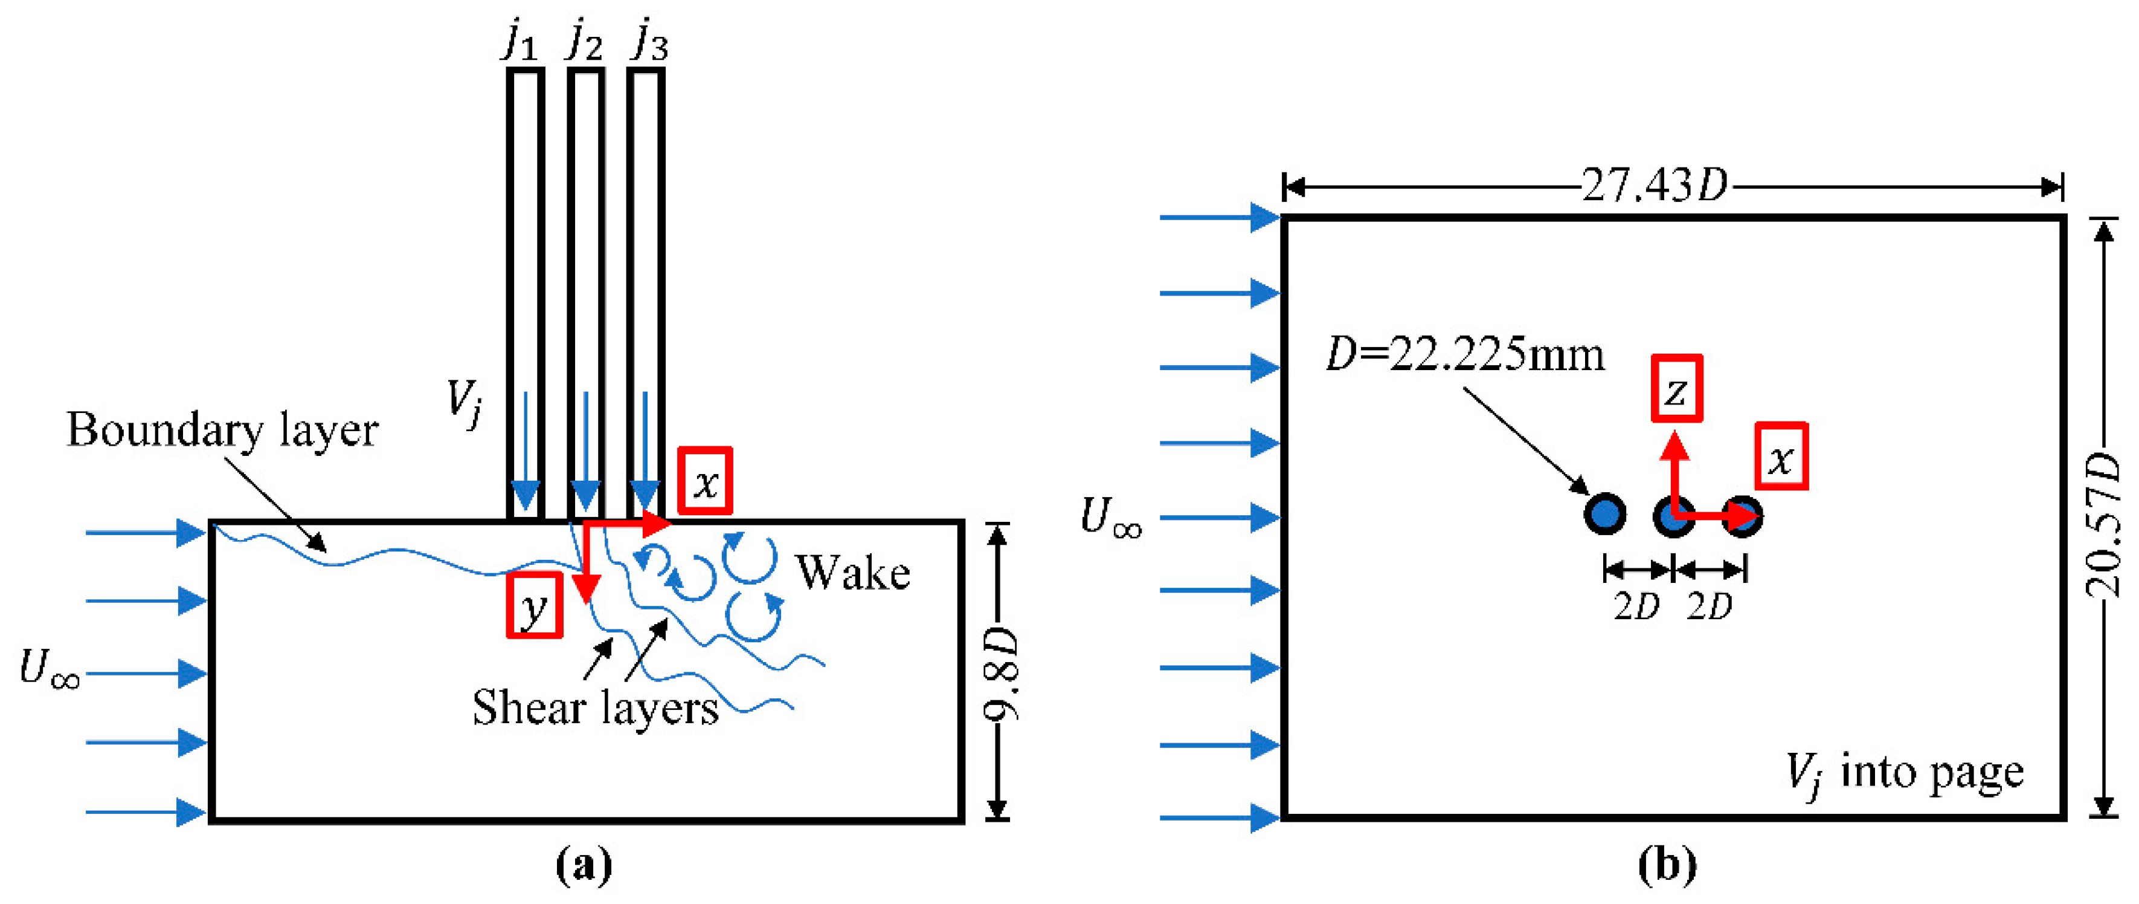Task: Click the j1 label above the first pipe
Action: [521, 42]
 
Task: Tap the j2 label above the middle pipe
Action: [585, 42]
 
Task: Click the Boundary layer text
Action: [222, 431]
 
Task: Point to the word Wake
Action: [853, 573]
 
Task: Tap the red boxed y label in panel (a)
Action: [534, 606]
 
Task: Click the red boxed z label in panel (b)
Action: [1676, 389]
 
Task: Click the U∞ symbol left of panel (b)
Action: [1111, 517]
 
